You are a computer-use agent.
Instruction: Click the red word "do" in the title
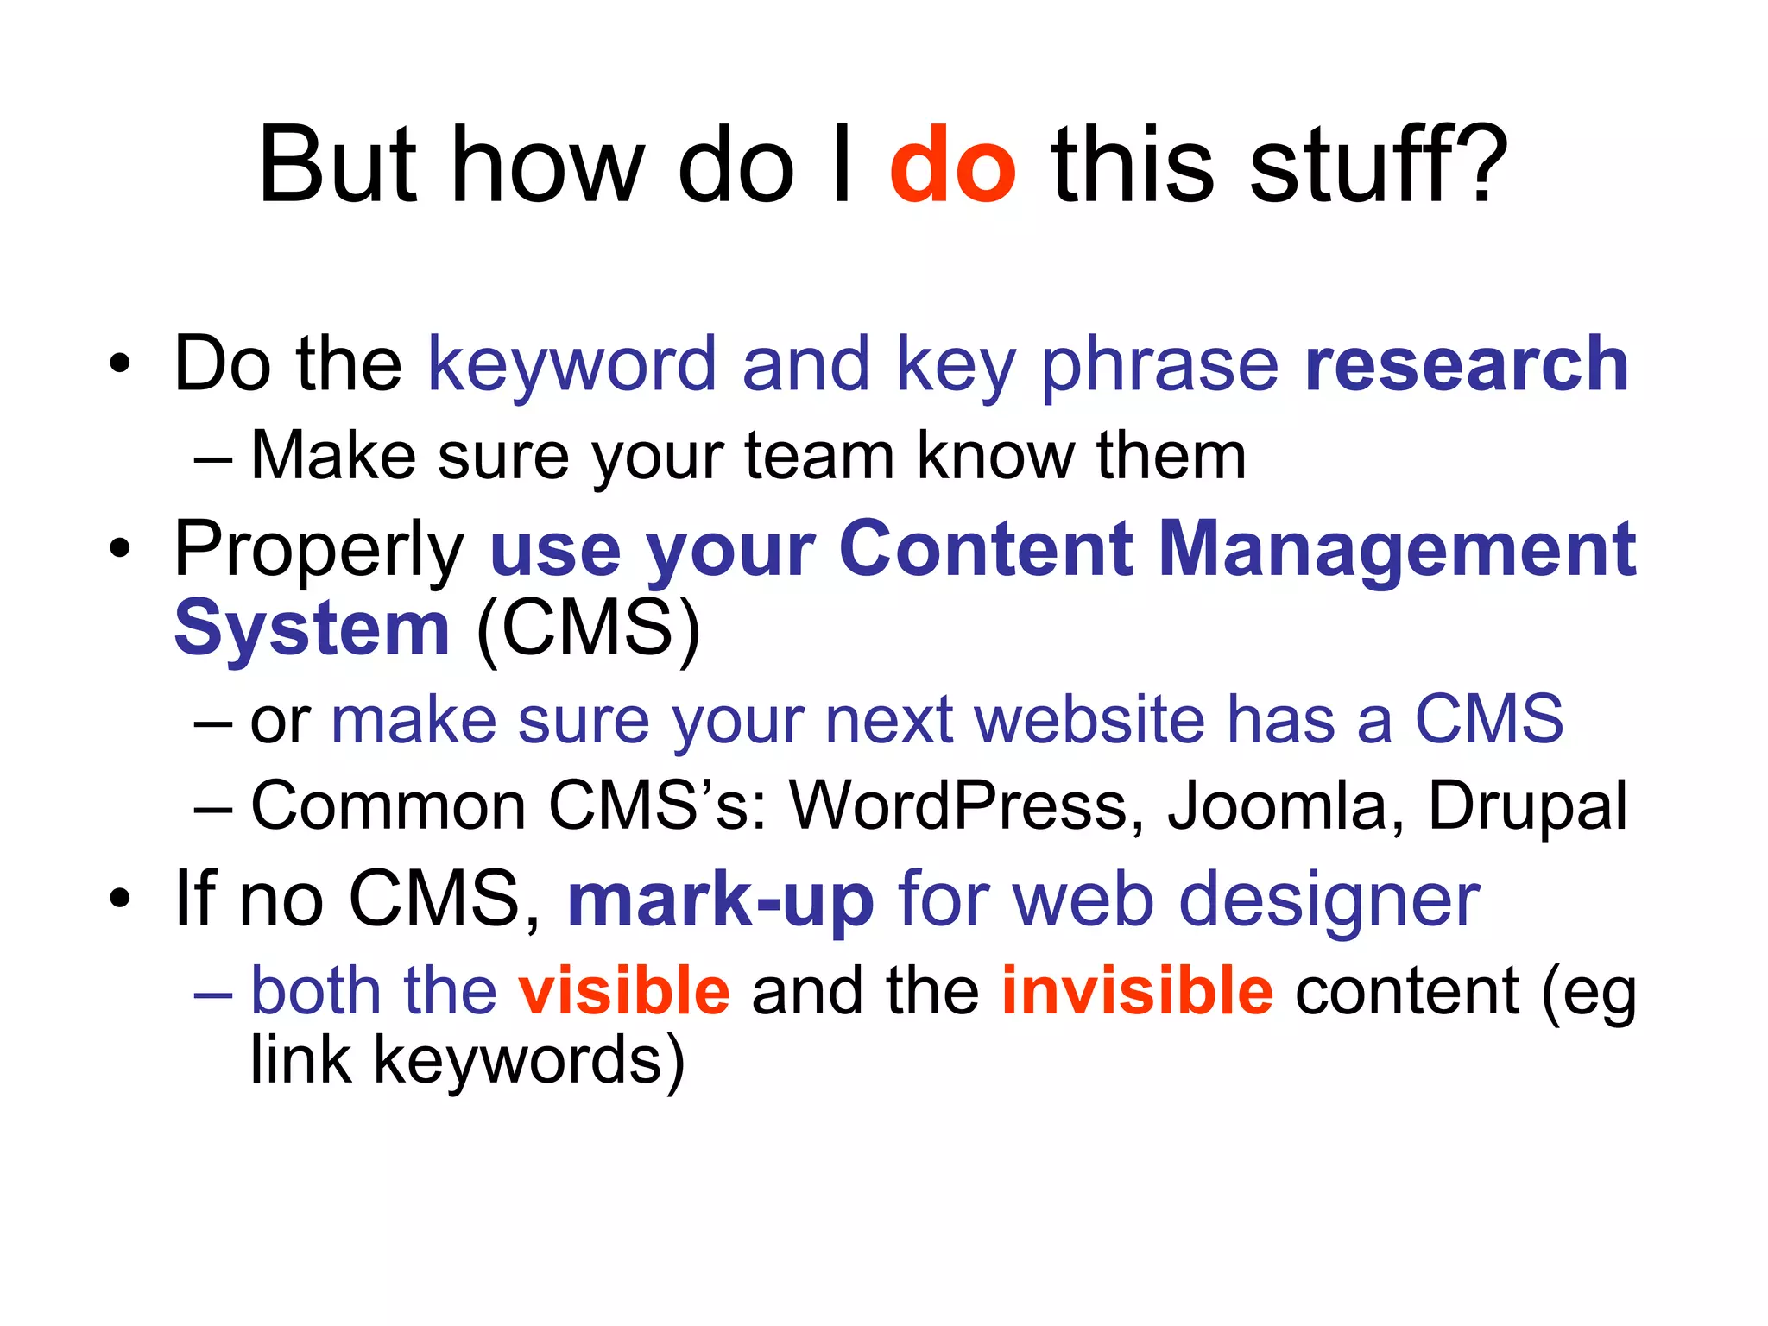click(952, 166)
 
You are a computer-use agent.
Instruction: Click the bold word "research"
click(1466, 365)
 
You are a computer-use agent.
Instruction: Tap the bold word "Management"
click(1397, 549)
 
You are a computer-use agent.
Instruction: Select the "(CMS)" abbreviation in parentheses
click(588, 628)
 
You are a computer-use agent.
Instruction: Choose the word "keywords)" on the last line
click(528, 1062)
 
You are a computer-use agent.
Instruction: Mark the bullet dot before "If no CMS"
click(120, 899)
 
